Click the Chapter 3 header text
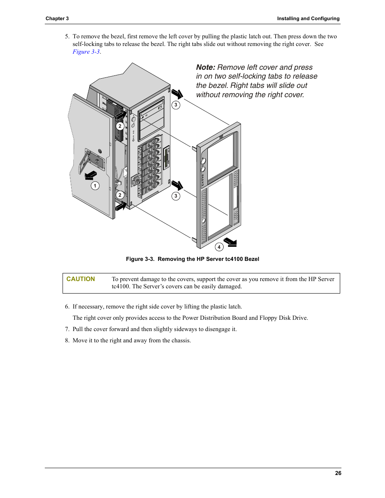tap(57, 19)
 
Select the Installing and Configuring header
tap(308, 19)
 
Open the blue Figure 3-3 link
tap(86, 52)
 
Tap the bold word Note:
tap(205, 67)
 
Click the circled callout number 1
tap(95, 186)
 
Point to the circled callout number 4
tap(219, 247)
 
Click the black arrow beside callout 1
tap(90, 175)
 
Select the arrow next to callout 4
tap(230, 242)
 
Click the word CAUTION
tap(81, 279)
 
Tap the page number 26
tap(338, 473)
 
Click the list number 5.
tap(67, 36)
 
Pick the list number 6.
tap(67, 306)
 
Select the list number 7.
tap(67, 329)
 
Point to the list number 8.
tap(67, 340)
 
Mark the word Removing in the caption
tap(172, 259)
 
